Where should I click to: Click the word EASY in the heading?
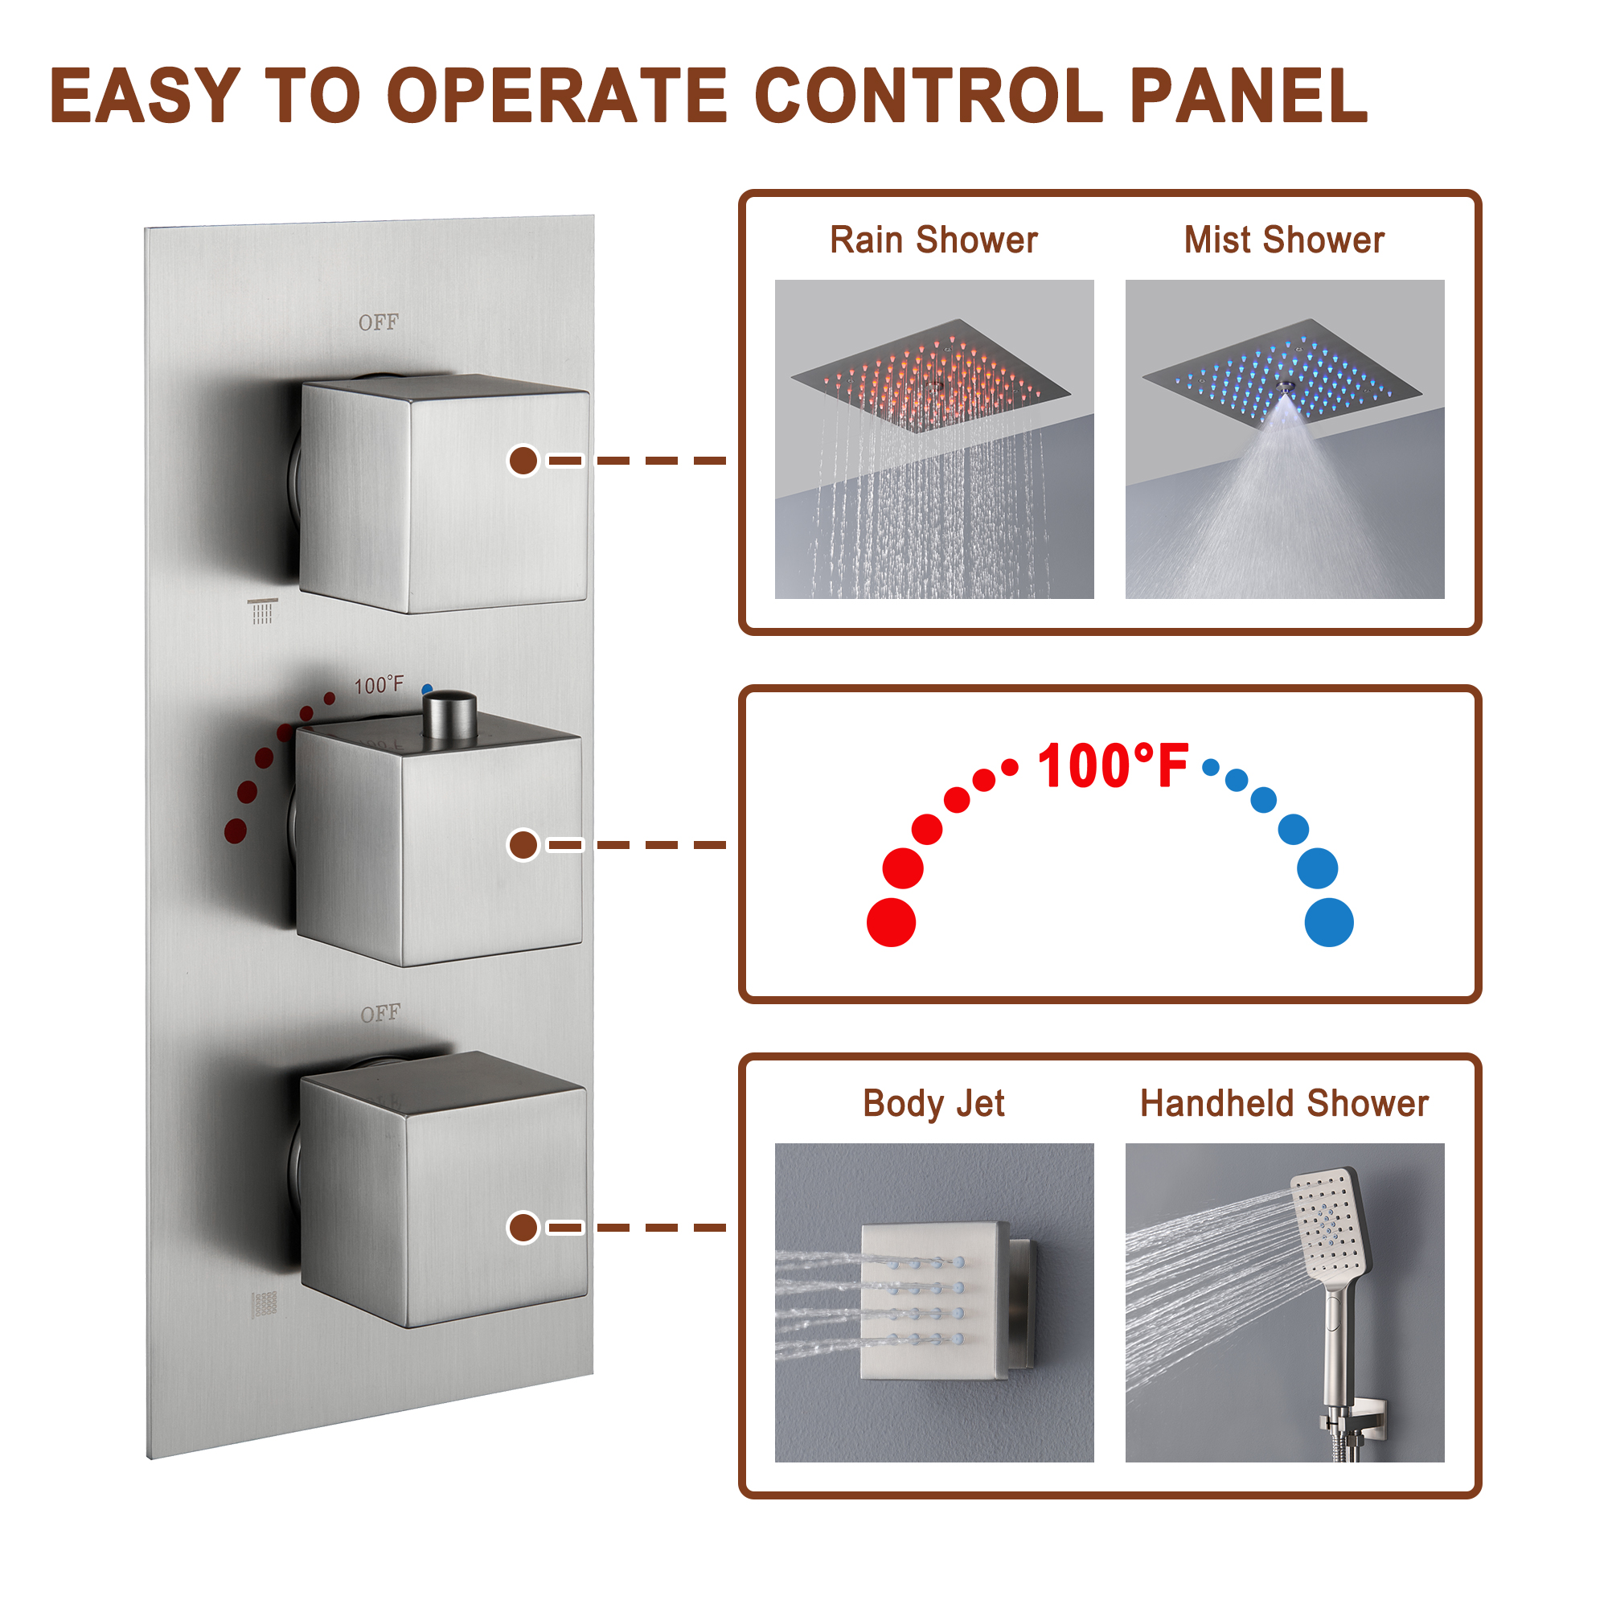[x=145, y=96]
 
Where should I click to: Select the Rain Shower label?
[x=933, y=240]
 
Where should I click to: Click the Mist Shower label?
[x=1284, y=240]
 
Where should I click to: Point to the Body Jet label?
[x=933, y=1104]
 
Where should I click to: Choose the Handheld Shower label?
[x=1284, y=1103]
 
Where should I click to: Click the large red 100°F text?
[x=1113, y=765]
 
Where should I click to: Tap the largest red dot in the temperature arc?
[x=892, y=922]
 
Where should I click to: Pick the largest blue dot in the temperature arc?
[x=1329, y=922]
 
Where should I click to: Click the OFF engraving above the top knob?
[x=379, y=322]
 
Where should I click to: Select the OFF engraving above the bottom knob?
[x=380, y=1013]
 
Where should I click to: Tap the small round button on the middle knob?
[x=450, y=714]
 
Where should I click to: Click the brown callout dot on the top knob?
[x=523, y=460]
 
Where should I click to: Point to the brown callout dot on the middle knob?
[x=523, y=845]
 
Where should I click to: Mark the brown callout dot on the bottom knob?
[x=523, y=1228]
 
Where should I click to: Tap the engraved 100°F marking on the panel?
[x=379, y=685]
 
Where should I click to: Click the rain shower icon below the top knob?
[x=262, y=611]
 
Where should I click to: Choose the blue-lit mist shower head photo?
[x=1284, y=439]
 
